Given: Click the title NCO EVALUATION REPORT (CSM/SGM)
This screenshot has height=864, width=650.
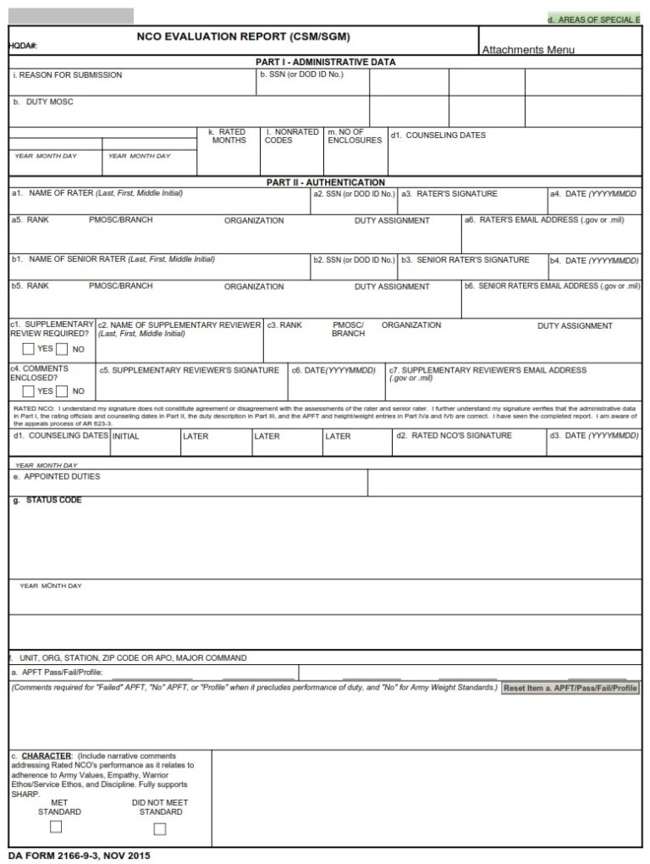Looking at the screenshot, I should (243, 37).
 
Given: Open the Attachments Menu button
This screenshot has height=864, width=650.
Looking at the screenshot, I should (527, 50).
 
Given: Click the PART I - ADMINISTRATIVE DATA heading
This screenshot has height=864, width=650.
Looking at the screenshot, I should (325, 62).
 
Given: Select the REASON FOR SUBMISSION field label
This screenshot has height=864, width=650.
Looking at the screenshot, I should (68, 75).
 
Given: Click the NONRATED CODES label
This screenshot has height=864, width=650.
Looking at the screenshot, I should (291, 136).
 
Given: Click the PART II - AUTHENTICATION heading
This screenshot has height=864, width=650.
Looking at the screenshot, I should (325, 182).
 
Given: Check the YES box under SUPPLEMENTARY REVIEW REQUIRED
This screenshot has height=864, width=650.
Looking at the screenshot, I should (29, 348).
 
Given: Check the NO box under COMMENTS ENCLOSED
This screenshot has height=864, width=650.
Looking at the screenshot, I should (63, 391).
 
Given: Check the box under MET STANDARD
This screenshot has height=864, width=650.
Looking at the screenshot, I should (56, 827).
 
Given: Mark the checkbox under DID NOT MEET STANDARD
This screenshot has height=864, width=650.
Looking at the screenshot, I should (160, 828).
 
